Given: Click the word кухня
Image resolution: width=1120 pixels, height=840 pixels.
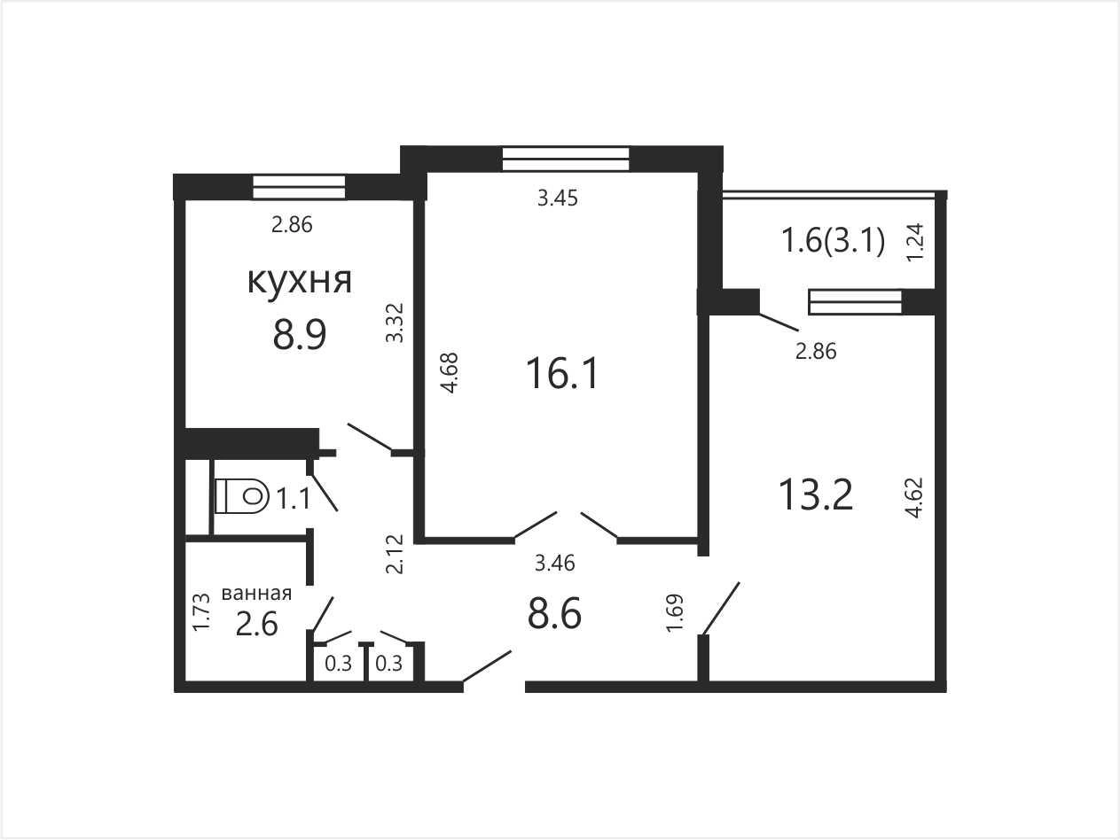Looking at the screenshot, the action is click(300, 282).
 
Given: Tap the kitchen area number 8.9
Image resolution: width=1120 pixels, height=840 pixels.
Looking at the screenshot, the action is click(300, 335).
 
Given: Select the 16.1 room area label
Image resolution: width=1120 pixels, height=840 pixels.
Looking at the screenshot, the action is click(562, 374).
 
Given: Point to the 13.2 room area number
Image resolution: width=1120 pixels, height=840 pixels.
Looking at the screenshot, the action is click(816, 494).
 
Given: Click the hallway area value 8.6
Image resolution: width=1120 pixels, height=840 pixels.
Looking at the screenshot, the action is click(554, 614).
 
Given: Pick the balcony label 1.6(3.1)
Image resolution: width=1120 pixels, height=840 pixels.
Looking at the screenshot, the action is click(834, 241).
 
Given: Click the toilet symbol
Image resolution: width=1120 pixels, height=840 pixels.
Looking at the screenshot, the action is click(242, 495).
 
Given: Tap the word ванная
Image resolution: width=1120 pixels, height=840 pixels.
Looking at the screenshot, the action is click(256, 594).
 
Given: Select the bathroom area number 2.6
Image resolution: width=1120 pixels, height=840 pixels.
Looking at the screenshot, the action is click(256, 624).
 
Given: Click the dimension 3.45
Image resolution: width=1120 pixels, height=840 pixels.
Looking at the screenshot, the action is click(558, 198).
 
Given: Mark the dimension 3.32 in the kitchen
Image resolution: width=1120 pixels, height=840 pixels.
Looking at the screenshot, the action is click(395, 323).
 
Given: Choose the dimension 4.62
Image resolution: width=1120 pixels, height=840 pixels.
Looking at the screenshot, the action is click(914, 497).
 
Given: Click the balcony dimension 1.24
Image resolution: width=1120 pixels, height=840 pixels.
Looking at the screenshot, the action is click(915, 243).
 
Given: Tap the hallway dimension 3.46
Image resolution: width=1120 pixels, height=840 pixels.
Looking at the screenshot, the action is click(554, 564).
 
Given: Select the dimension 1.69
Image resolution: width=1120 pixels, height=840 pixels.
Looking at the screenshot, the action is click(675, 613).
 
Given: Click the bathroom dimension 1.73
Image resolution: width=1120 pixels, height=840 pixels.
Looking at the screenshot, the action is click(201, 612).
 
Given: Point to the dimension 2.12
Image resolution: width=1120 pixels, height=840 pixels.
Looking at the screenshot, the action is click(395, 554).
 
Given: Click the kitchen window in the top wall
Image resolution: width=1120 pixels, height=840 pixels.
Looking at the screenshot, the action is click(299, 187).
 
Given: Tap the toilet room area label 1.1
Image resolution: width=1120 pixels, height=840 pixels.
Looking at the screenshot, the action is click(294, 498).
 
